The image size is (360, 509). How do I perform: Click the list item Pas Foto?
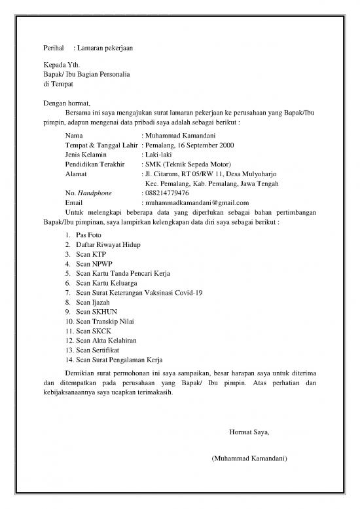coord(88,234)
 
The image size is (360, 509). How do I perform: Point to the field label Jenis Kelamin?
coord(86,155)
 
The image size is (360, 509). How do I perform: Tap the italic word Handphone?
coord(95,193)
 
